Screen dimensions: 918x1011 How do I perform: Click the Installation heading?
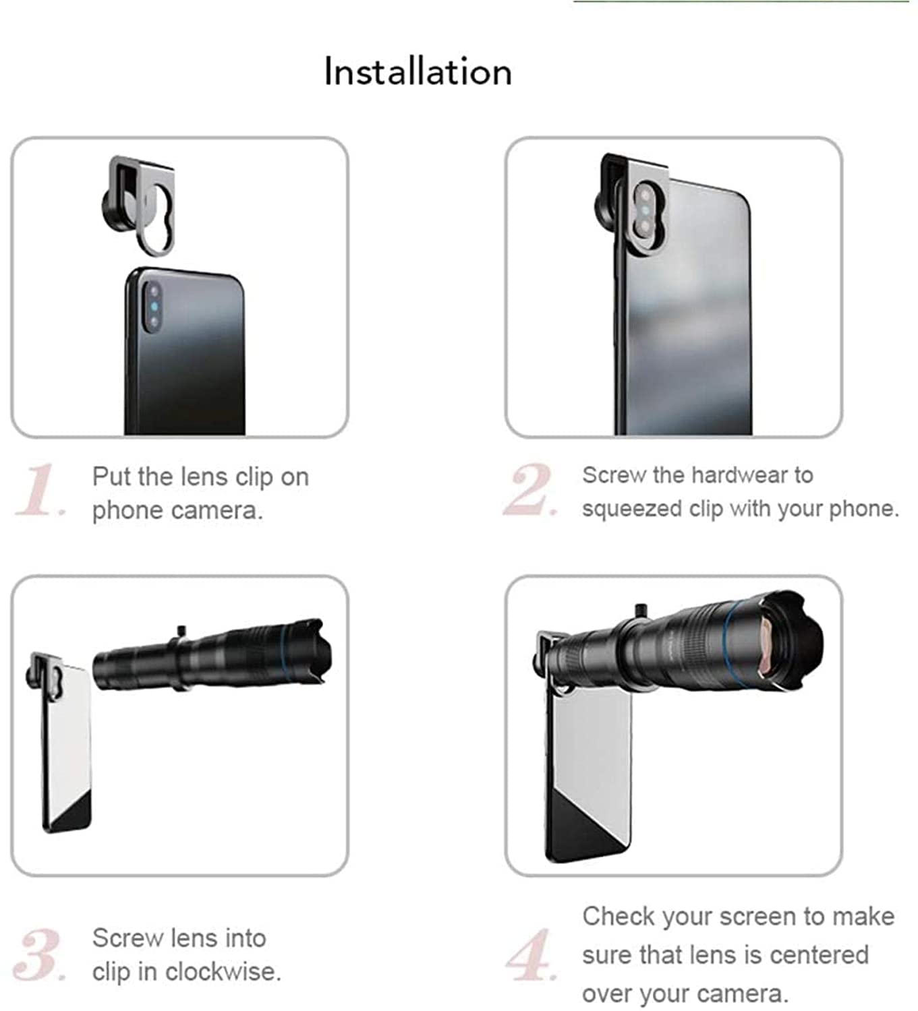pos(418,72)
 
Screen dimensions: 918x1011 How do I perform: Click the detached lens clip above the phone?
pos(138,206)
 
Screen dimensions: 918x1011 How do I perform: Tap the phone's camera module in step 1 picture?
pos(153,307)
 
